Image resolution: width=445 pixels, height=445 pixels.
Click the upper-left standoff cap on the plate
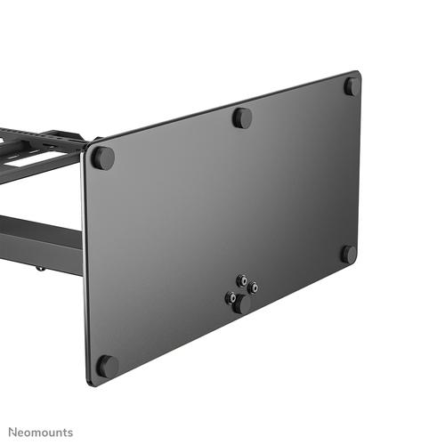point(103,158)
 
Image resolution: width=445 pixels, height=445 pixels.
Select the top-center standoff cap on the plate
point(242,117)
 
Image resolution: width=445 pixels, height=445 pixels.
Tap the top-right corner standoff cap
point(352,86)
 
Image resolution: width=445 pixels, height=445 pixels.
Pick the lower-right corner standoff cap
point(349,254)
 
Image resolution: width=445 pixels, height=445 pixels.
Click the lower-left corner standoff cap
point(107,365)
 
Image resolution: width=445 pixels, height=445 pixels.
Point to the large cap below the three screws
point(240,303)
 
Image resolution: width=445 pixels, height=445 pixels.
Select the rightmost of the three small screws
point(254,287)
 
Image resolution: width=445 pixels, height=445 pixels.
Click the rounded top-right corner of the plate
point(358,75)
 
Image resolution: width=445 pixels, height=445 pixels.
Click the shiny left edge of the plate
point(86,267)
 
